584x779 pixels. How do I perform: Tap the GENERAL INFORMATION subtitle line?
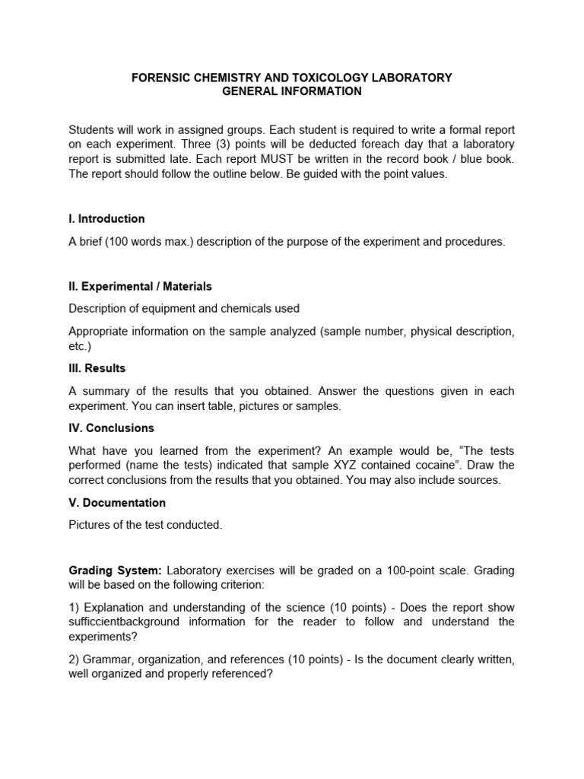[292, 91]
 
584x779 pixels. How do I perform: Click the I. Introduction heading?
[106, 218]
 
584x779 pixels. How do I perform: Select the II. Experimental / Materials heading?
[140, 286]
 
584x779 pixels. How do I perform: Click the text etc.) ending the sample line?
[80, 345]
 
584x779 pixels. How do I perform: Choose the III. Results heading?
[97, 368]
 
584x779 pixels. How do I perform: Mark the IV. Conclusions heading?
[111, 428]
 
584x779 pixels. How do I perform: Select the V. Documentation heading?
[117, 502]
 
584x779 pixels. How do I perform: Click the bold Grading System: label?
[115, 570]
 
